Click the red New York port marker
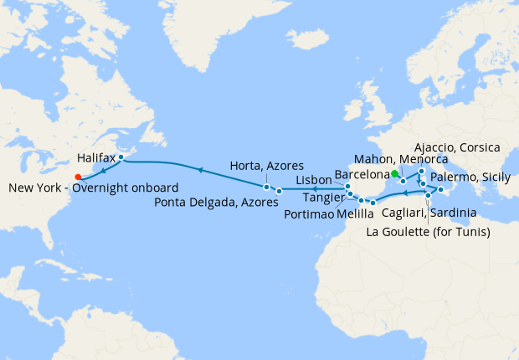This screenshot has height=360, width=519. (x=78, y=176)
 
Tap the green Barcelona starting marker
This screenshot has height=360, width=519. (x=394, y=173)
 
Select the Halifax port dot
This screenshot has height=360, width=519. (x=121, y=157)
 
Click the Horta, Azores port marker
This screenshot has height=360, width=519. (x=266, y=186)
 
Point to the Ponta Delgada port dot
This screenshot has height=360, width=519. (x=279, y=192)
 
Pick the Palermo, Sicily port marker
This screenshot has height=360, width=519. (x=439, y=190)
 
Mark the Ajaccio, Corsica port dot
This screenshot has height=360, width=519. (x=422, y=171)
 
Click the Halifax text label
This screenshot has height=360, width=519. (x=95, y=157)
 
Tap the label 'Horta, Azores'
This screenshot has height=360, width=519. (x=266, y=166)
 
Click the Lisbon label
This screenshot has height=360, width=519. (x=315, y=181)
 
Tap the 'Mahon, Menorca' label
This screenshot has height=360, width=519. (x=399, y=159)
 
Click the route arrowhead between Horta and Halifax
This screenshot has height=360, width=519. (x=199, y=169)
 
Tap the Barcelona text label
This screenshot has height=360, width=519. (x=362, y=174)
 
